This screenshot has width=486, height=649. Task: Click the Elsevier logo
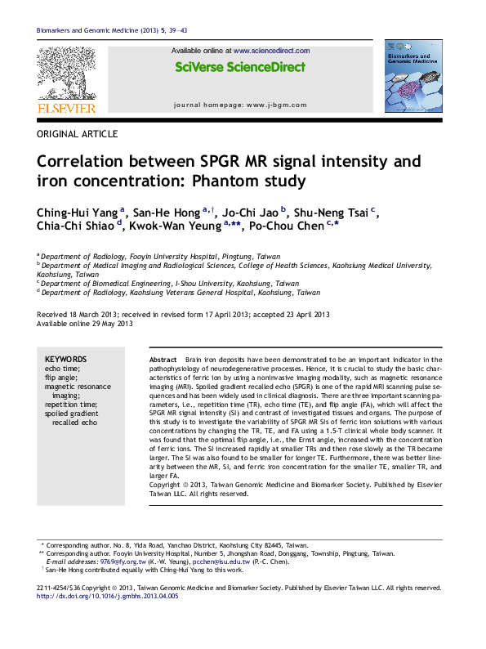66,80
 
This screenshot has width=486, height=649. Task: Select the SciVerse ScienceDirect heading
240,67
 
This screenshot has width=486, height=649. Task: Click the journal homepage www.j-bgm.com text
241,105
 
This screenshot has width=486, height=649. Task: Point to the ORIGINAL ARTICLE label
78,134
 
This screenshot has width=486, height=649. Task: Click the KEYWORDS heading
65,360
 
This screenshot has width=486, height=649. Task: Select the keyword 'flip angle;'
61,378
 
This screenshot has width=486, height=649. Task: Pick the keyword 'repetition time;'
71,405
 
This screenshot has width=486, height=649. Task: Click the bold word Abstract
163,360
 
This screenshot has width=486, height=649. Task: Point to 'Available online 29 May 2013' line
84,324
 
